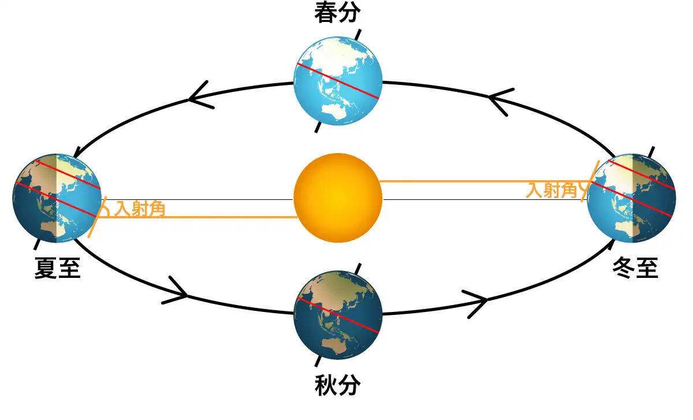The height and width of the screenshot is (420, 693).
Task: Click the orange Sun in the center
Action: coord(338,197)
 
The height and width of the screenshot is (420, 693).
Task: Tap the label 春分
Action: coord(337,13)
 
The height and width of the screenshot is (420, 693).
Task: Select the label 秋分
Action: coord(337,385)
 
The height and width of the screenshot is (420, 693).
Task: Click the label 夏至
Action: coord(57,269)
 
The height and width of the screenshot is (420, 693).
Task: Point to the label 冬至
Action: coord(635,269)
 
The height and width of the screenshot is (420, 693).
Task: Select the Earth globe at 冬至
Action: coord(631,198)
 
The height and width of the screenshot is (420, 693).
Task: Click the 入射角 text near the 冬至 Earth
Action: coord(552,190)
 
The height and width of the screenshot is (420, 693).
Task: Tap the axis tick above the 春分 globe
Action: coord(358,34)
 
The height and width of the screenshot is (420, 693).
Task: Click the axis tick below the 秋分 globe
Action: coord(318,360)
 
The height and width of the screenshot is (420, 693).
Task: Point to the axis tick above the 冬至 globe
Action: coord(652,152)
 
